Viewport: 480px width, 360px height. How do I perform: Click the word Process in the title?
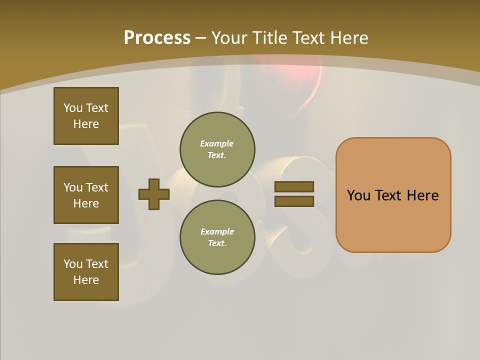[157, 38]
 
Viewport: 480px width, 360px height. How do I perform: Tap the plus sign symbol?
[154, 194]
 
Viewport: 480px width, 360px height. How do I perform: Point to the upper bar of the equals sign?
[294, 186]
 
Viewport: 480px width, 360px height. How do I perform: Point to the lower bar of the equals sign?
[294, 201]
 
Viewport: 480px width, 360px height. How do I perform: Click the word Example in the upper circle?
[216, 143]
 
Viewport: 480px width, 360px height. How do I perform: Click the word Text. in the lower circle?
[217, 243]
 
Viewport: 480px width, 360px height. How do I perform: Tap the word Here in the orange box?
[422, 195]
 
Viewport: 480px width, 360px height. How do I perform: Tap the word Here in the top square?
[86, 124]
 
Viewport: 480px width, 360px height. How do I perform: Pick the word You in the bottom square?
[73, 263]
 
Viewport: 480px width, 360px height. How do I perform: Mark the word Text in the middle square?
[97, 187]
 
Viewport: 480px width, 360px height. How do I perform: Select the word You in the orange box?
[358, 195]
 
